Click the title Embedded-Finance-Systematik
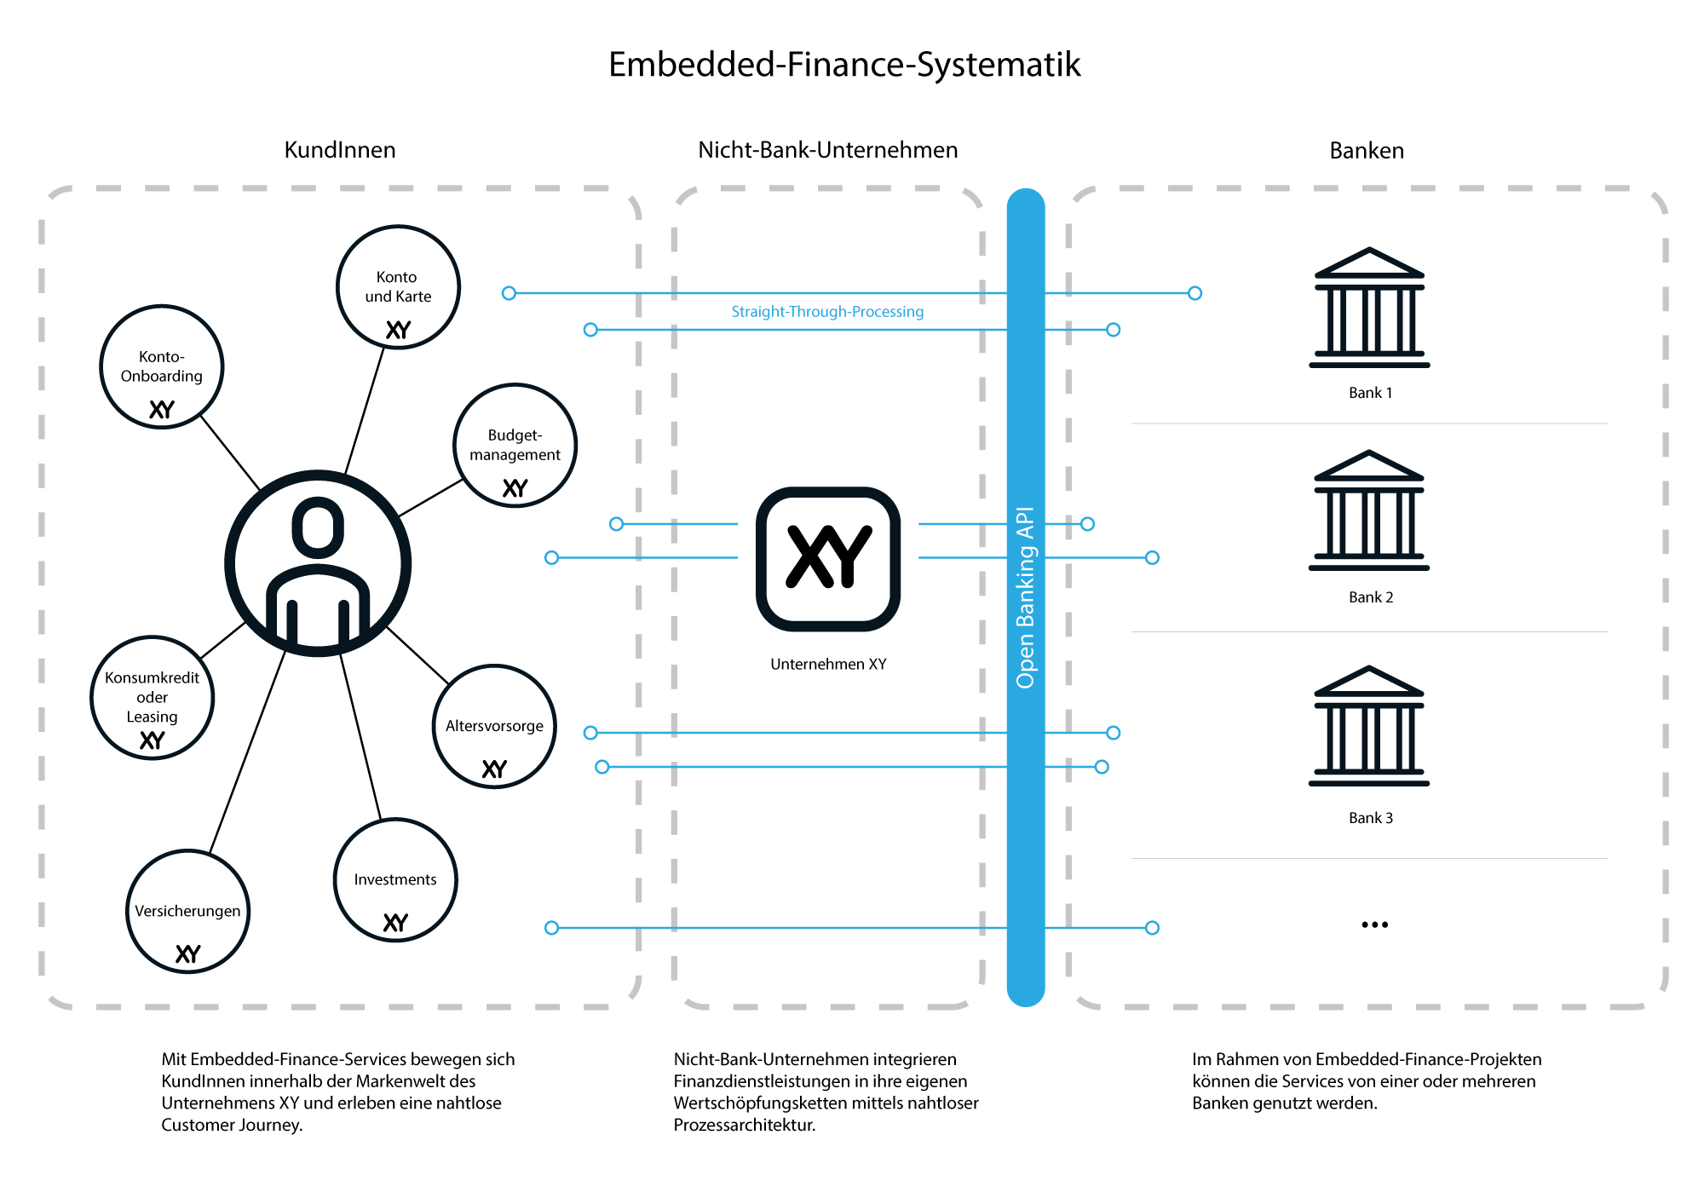tap(843, 65)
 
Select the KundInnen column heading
tap(339, 150)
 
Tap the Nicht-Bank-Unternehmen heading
tap(827, 150)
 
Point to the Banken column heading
tap(1366, 151)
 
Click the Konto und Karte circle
tap(398, 287)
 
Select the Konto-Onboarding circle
tap(161, 367)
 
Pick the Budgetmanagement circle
tap(515, 446)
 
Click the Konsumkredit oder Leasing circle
tap(152, 698)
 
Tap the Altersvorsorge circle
tap(494, 727)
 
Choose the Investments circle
tap(395, 880)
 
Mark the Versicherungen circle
tap(187, 912)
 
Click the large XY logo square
tap(828, 559)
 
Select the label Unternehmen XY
tap(828, 664)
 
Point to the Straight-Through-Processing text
tap(827, 312)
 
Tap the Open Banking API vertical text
tap(1025, 596)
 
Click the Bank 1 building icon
tap(1369, 308)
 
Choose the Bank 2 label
tap(1370, 597)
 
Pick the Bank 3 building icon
tap(1369, 726)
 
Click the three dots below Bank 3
tap(1374, 925)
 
